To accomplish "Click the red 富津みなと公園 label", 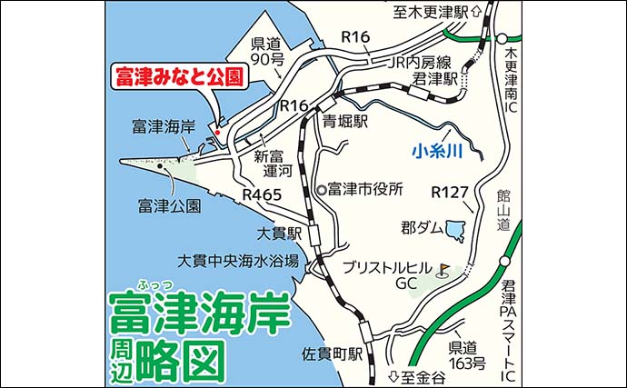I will tap(179, 77).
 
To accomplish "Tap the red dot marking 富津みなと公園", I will tap(218, 133).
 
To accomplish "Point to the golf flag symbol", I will tap(443, 268).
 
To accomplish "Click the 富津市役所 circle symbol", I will tap(322, 191).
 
